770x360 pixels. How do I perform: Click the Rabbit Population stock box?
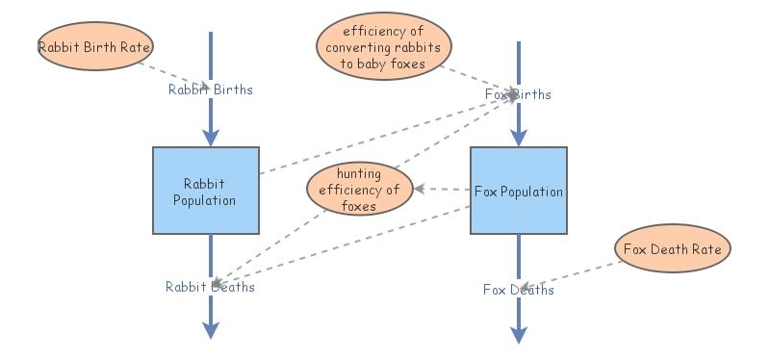point(205,190)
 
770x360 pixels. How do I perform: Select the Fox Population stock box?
point(518,190)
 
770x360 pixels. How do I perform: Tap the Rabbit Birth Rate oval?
point(95,45)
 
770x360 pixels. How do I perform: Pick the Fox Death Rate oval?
point(673,249)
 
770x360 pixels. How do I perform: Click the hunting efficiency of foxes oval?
point(360,190)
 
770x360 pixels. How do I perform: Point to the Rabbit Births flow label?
point(211,90)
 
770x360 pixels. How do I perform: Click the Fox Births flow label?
point(518,94)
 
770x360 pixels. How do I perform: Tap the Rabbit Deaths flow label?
point(210,286)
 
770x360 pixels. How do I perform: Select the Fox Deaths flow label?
point(519,290)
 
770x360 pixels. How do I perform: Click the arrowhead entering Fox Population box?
point(519,139)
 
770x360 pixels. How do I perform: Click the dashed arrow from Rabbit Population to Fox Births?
point(385,134)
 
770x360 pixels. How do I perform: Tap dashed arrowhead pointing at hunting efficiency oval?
point(420,189)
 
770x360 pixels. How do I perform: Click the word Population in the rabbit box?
point(204,200)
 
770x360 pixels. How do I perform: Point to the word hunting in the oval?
point(359,174)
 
